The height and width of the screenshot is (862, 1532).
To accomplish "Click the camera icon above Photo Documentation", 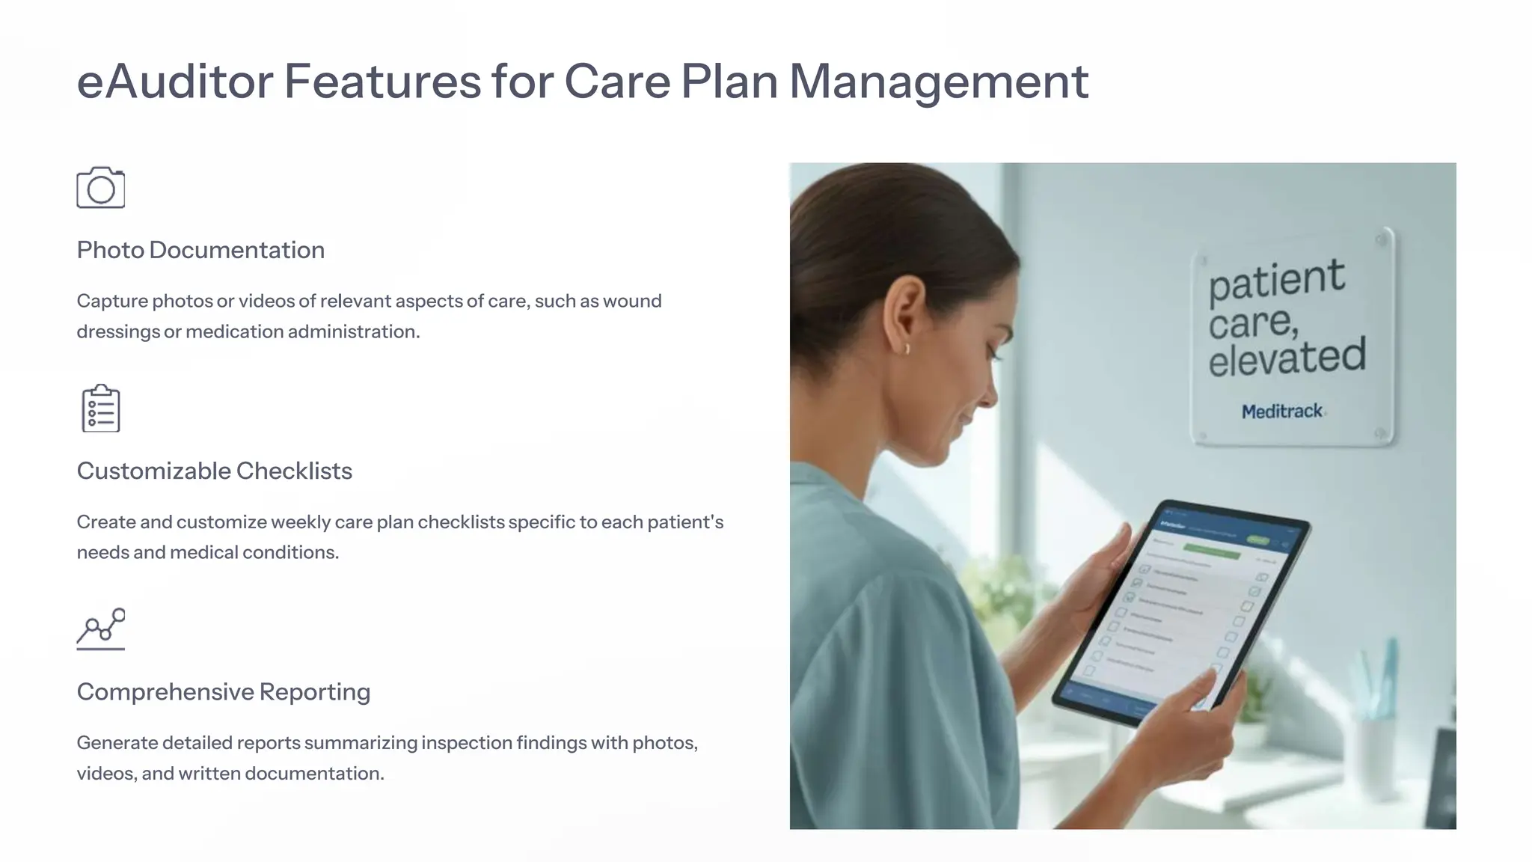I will [100, 188].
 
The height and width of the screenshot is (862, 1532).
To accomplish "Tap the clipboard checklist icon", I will [100, 409].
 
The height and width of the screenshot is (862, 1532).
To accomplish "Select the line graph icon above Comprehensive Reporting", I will [100, 629].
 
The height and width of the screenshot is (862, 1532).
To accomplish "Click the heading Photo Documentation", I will [200, 250].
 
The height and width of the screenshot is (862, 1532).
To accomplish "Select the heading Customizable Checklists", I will [214, 471].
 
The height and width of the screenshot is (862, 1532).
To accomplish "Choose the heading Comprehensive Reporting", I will [223, 691].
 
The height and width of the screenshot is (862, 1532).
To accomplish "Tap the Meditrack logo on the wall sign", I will [1282, 412].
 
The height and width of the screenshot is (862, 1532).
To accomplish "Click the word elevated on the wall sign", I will [1287, 357].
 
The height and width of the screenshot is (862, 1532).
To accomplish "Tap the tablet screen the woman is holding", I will [1189, 606].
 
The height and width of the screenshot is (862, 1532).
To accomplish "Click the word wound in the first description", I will [632, 301].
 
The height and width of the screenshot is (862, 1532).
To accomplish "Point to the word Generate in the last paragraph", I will [117, 743].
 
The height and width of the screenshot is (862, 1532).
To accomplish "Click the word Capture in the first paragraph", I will [111, 301].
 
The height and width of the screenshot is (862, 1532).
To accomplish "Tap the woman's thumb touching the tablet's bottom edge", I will [1204, 685].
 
